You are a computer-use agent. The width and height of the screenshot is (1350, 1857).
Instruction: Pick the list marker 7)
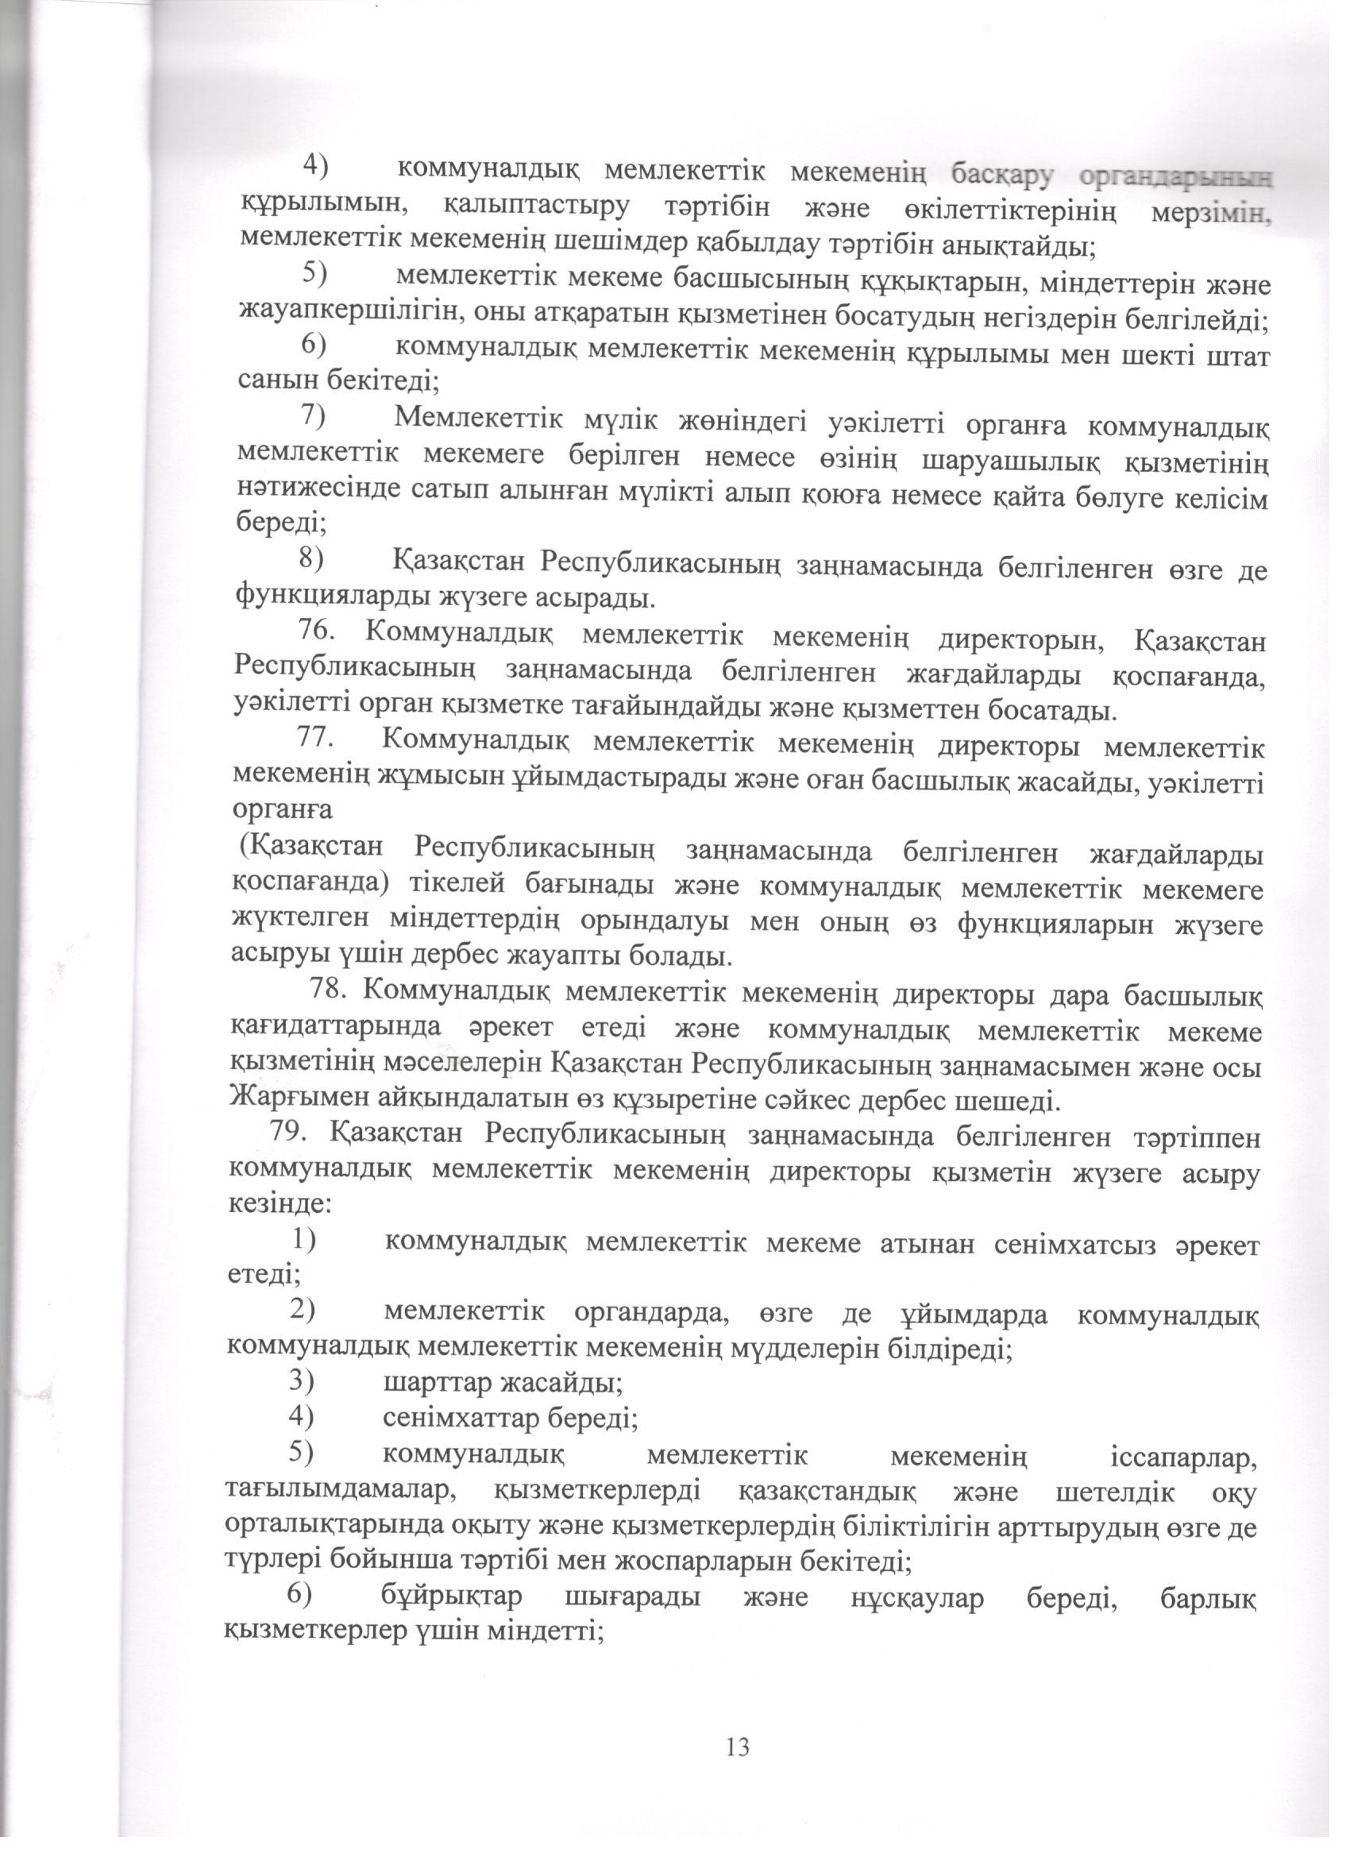313,417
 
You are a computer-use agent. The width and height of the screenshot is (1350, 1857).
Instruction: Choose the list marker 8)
311,558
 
